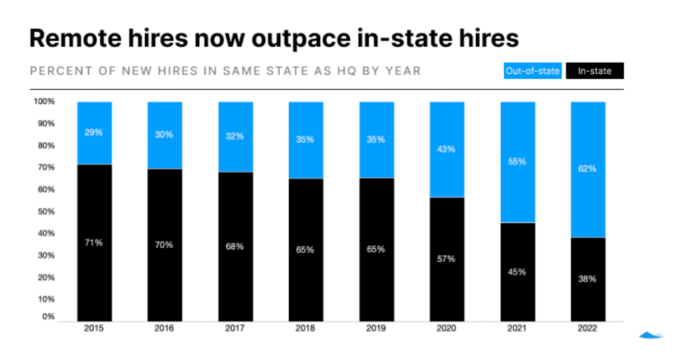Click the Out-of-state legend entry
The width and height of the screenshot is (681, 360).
tap(533, 71)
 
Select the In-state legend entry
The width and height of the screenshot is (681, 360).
tap(595, 71)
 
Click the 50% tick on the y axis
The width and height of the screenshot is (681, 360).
tap(44, 212)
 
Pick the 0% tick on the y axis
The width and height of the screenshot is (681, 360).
tap(48, 317)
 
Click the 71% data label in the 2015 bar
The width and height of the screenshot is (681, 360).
tap(94, 242)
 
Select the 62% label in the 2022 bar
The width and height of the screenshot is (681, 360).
tap(587, 169)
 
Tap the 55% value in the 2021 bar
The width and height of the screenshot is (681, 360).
tap(517, 161)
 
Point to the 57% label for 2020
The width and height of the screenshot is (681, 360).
tap(446, 258)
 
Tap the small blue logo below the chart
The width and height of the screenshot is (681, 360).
tap(651, 335)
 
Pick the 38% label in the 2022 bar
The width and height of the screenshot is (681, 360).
tap(587, 279)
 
